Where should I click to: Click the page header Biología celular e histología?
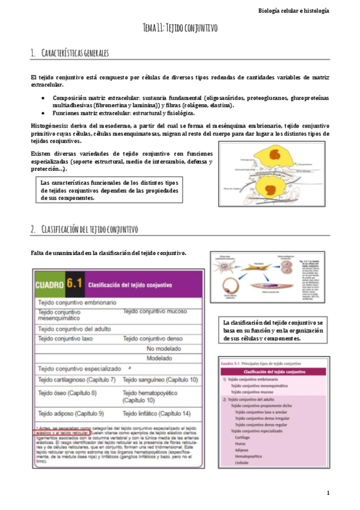(307, 10)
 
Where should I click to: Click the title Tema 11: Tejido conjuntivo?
(180, 28)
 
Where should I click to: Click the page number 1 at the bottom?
(328, 493)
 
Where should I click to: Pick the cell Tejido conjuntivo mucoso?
(157, 312)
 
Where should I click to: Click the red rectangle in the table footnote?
(62, 432)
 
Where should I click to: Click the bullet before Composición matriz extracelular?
(42, 97)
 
